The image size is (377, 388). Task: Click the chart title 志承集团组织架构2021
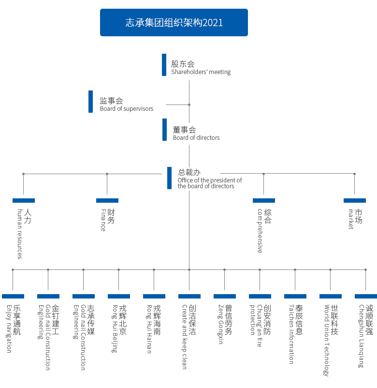click(174, 23)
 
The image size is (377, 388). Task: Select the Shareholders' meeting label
click(201, 72)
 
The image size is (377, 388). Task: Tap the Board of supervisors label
click(127, 109)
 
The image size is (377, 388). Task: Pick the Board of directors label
click(196, 138)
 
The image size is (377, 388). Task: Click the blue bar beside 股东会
click(164, 65)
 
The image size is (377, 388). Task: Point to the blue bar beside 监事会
click(90, 102)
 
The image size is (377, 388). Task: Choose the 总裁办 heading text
click(189, 172)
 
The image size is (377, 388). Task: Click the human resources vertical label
click(20, 234)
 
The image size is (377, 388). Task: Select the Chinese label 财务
click(111, 216)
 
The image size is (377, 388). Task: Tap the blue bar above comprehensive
click(264, 200)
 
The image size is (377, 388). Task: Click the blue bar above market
click(355, 200)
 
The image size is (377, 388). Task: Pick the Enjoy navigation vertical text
click(9, 328)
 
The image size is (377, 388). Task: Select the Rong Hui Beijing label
click(115, 328)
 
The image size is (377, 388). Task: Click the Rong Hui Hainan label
click(149, 328)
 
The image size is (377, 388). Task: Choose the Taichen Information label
click(291, 334)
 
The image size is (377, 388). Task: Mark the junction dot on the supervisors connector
click(189, 104)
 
